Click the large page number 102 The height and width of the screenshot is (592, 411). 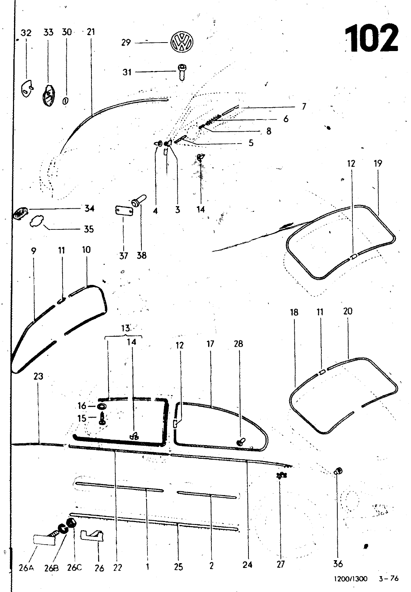tap(371, 38)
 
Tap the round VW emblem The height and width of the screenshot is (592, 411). tap(181, 42)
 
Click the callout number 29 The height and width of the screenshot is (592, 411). tap(126, 43)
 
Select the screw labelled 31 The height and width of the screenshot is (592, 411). tap(181, 72)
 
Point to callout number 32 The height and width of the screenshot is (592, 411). tap(26, 33)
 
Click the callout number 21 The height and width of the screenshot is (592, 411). tap(90, 32)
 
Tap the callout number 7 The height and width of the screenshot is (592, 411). tap(304, 107)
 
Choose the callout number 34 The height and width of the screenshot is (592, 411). tap(89, 209)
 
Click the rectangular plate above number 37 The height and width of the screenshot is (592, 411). tap(124, 211)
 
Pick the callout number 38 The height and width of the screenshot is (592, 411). tap(142, 255)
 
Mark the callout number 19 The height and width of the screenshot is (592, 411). tap(378, 164)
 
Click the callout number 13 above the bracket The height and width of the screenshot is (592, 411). tap(126, 328)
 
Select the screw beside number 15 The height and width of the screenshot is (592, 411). tap(103, 419)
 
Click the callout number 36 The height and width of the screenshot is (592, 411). tap(338, 564)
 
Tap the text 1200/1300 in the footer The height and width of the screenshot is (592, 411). tap(351, 579)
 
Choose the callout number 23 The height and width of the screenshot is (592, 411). tap(39, 376)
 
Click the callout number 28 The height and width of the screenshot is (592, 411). tap(238, 344)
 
